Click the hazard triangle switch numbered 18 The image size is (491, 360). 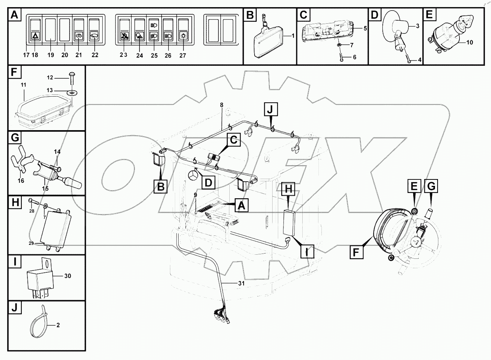pyautogui.click(x=35, y=36)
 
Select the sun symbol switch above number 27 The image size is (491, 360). pyautogui.click(x=183, y=36)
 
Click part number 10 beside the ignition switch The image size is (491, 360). pyautogui.click(x=470, y=43)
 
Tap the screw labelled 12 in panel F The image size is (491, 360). pyautogui.click(x=73, y=78)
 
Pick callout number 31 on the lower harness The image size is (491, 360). pyautogui.click(x=241, y=284)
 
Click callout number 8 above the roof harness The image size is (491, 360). pyautogui.click(x=221, y=105)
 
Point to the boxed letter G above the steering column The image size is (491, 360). pyautogui.click(x=431, y=186)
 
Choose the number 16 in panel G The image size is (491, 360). pyautogui.click(x=21, y=181)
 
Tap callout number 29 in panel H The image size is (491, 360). pyautogui.click(x=32, y=243)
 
